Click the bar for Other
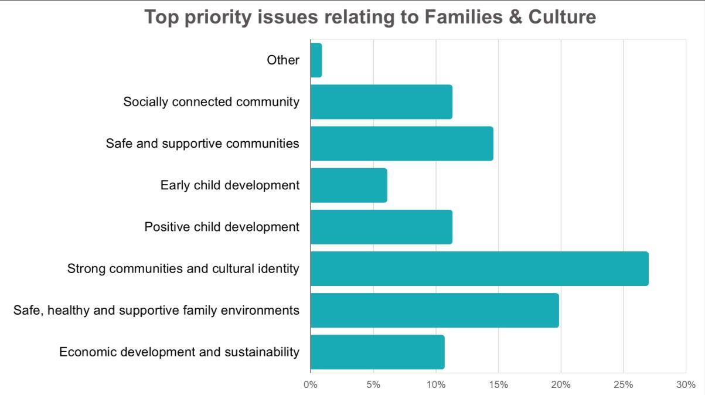click(x=316, y=60)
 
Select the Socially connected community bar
click(x=381, y=102)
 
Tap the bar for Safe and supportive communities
click(x=401, y=144)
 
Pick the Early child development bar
click(x=349, y=185)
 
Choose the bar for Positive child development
click(x=381, y=227)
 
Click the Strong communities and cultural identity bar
click(x=479, y=268)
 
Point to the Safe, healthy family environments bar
click(x=434, y=310)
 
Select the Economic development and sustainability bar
click(x=377, y=352)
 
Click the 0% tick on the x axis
click(x=310, y=385)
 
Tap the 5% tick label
click(x=373, y=385)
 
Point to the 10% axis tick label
click(x=435, y=385)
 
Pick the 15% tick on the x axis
click(x=498, y=385)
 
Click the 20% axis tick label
click(x=561, y=385)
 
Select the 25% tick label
click(x=623, y=385)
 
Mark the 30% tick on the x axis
click(x=686, y=385)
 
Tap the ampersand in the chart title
click(x=517, y=17)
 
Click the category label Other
click(x=283, y=60)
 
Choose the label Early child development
click(x=230, y=185)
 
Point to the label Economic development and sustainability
click(x=179, y=352)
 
